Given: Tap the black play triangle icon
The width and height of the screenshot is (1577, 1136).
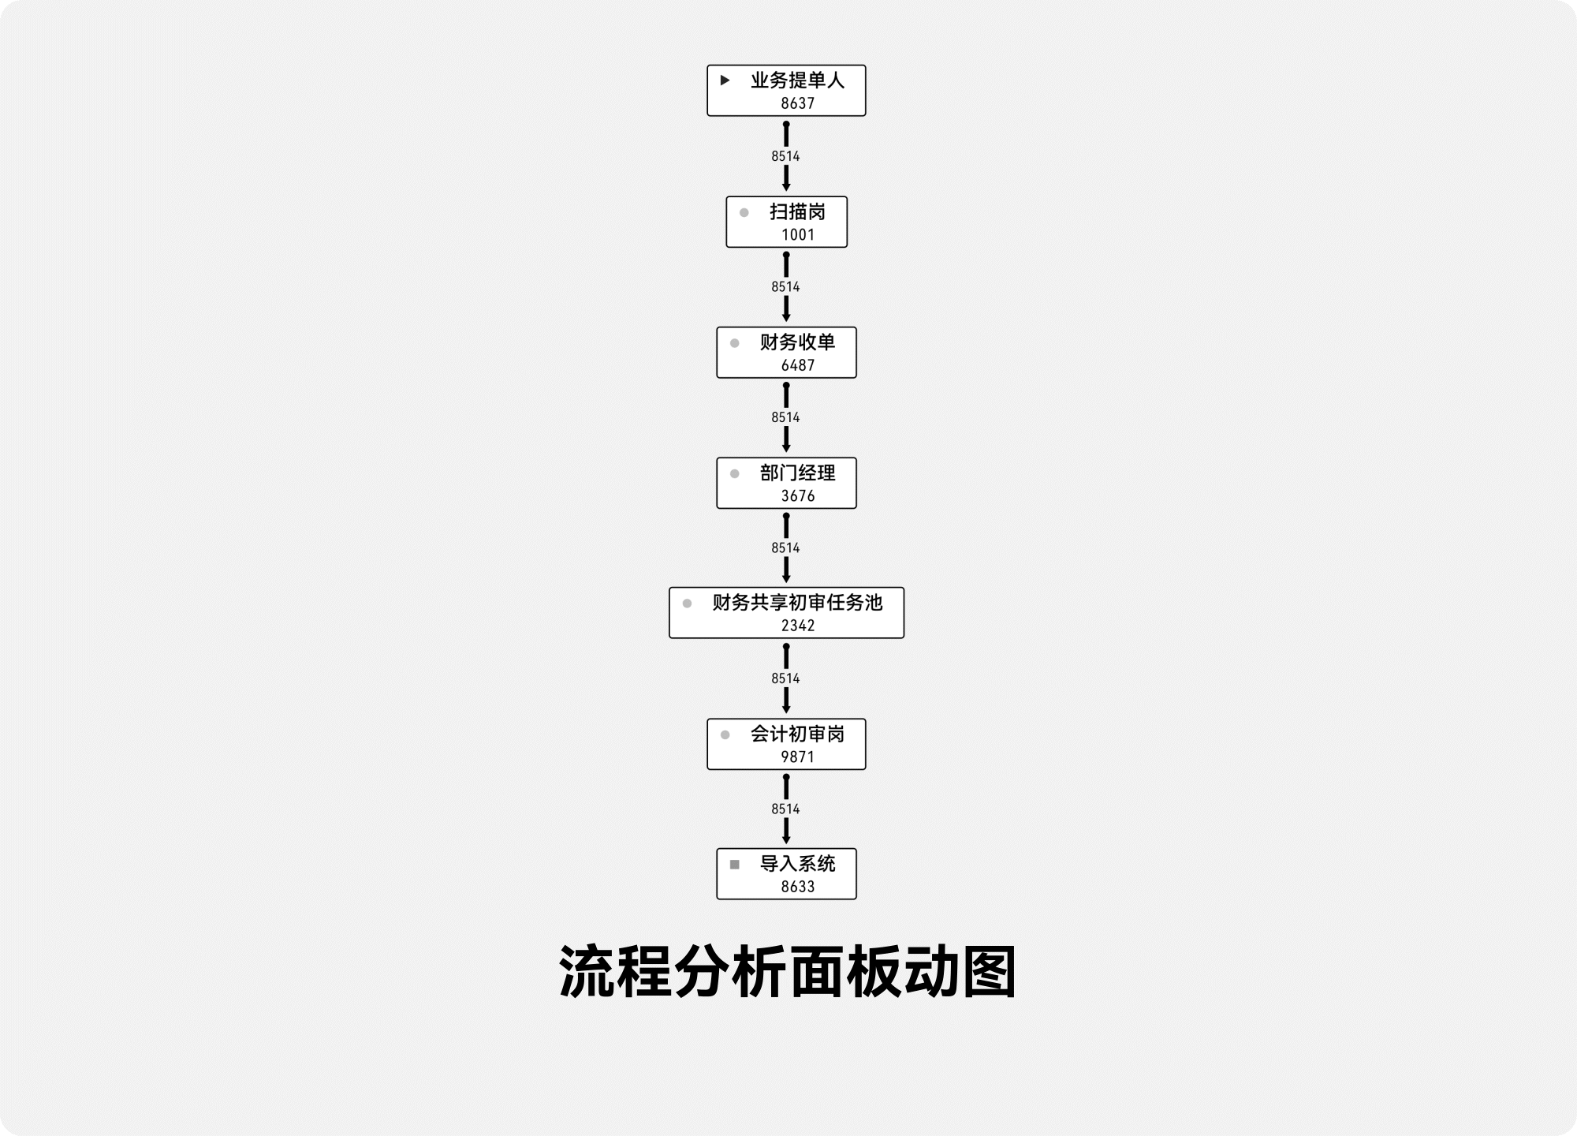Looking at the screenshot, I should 725,80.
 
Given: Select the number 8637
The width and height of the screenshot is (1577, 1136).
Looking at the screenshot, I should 797,103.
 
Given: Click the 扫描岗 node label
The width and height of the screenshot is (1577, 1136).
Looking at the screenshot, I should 797,211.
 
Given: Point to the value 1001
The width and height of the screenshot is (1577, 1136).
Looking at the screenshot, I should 797,234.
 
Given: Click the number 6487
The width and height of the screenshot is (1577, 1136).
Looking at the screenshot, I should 797,365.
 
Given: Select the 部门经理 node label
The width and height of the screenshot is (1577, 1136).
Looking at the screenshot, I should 797,473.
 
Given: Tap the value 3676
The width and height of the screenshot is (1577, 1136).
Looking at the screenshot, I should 797,495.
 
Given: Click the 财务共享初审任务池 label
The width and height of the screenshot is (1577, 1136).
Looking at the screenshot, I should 797,603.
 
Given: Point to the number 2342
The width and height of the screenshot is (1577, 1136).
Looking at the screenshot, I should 797,626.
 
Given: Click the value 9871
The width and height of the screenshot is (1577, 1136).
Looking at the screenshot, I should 797,757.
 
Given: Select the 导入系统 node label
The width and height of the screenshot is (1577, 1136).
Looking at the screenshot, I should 797,864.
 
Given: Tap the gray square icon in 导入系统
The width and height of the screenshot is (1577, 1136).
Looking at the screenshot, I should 734,865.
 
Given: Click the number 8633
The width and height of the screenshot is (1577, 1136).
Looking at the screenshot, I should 797,887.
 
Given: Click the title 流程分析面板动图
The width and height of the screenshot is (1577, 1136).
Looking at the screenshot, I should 787,972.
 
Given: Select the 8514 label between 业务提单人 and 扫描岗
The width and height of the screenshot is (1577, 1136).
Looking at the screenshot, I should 785,156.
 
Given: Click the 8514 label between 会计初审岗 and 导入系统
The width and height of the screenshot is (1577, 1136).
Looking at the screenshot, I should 785,809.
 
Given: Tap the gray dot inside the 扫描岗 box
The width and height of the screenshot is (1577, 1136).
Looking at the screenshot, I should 744,212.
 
